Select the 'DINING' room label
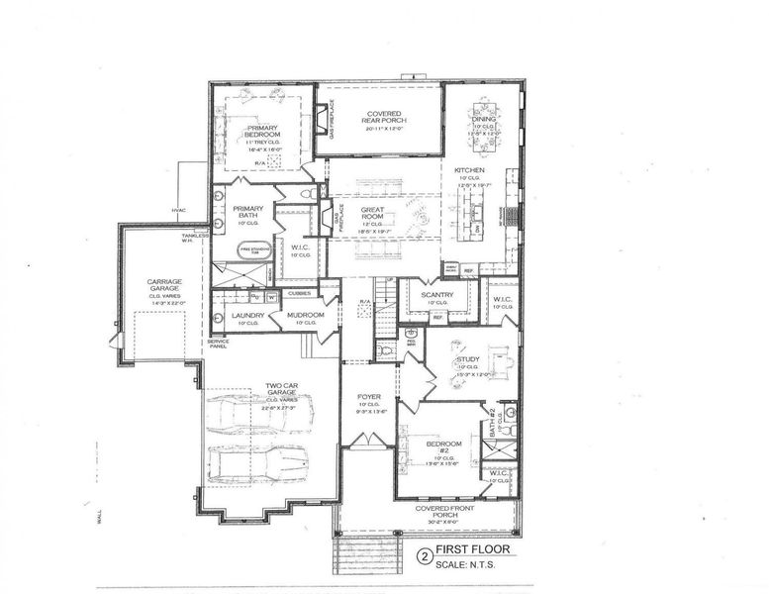click(483, 116)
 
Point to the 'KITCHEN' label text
click(469, 170)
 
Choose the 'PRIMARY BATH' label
click(247, 213)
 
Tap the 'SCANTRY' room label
click(436, 294)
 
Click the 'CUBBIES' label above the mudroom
click(297, 293)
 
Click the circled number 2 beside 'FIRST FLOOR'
click(427, 556)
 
